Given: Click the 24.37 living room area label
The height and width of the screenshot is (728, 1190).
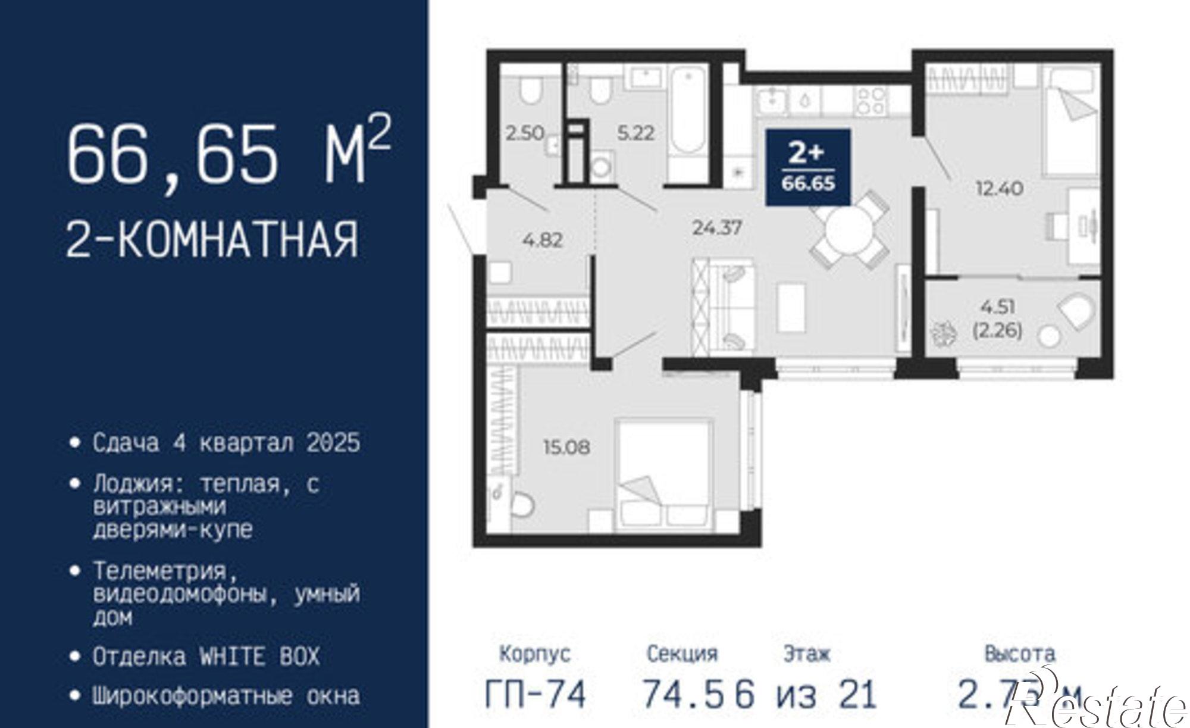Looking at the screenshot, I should [x=717, y=228].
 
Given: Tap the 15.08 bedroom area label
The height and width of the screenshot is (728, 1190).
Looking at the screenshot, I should [x=566, y=447].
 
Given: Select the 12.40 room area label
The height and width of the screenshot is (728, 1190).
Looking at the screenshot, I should [x=999, y=189].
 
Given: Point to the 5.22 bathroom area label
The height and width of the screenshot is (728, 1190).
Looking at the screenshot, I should [x=635, y=133].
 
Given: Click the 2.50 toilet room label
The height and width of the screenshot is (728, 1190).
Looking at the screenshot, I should [x=525, y=133].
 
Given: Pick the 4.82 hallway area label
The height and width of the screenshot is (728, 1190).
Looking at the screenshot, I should [x=542, y=240].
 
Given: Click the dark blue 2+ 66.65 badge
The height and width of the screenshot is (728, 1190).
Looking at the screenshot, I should [x=807, y=167].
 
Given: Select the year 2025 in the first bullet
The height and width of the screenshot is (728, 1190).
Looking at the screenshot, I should [x=333, y=443].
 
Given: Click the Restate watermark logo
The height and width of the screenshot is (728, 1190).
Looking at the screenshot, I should [x=1098, y=705].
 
